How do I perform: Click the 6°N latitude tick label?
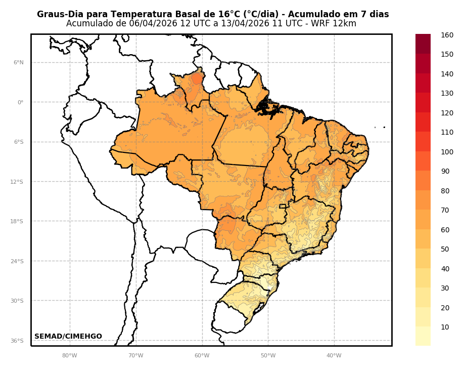(x=19, y=63)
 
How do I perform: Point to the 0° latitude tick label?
(x=21, y=102)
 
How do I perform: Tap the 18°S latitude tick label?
(x=17, y=222)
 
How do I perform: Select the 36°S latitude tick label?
(x=17, y=341)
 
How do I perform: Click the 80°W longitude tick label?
(x=70, y=355)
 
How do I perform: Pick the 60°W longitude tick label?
(x=202, y=355)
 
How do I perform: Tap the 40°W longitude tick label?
(x=334, y=355)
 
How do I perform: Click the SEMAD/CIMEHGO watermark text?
(x=68, y=337)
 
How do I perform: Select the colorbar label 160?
(x=447, y=35)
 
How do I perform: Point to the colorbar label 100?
(x=447, y=152)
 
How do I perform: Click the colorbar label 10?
(x=445, y=327)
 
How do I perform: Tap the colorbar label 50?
(x=445, y=249)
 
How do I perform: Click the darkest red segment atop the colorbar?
(x=423, y=44)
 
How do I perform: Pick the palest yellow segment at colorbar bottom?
(x=423, y=336)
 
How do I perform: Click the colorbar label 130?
(x=447, y=93)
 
